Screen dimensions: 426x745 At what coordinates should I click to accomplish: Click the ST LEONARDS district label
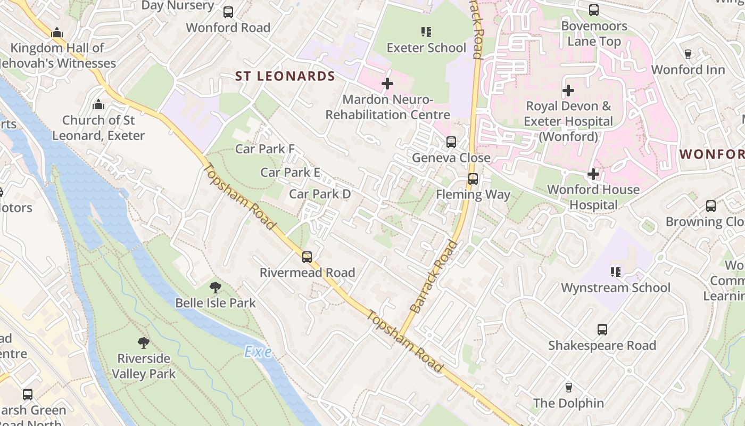285,76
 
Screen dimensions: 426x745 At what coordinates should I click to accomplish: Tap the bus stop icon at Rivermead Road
307,257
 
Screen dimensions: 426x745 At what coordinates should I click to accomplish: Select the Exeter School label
426,48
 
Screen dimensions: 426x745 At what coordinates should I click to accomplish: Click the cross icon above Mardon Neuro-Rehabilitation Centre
387,84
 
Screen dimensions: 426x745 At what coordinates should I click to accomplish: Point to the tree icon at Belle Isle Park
216,288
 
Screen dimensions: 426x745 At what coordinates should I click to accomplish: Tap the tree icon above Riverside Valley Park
143,342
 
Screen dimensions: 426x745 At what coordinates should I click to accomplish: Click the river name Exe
258,352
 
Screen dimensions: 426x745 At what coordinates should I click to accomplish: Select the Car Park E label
290,172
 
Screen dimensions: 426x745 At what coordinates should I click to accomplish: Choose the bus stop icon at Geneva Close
451,142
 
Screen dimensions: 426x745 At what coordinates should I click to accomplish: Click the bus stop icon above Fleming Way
473,179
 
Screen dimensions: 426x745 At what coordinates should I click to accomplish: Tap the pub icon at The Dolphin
568,388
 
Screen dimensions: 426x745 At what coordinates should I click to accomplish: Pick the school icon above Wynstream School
616,272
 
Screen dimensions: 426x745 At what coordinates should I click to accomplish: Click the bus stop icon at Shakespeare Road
602,330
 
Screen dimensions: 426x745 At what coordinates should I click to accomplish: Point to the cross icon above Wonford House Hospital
593,174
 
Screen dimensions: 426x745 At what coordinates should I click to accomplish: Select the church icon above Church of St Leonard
98,104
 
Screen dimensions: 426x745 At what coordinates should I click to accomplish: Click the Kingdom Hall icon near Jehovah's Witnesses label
57,32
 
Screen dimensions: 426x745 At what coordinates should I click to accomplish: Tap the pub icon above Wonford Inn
688,54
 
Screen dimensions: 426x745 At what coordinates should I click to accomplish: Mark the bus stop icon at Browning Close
710,206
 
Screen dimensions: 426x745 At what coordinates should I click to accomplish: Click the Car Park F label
264,149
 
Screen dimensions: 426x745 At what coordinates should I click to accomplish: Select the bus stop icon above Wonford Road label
228,12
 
